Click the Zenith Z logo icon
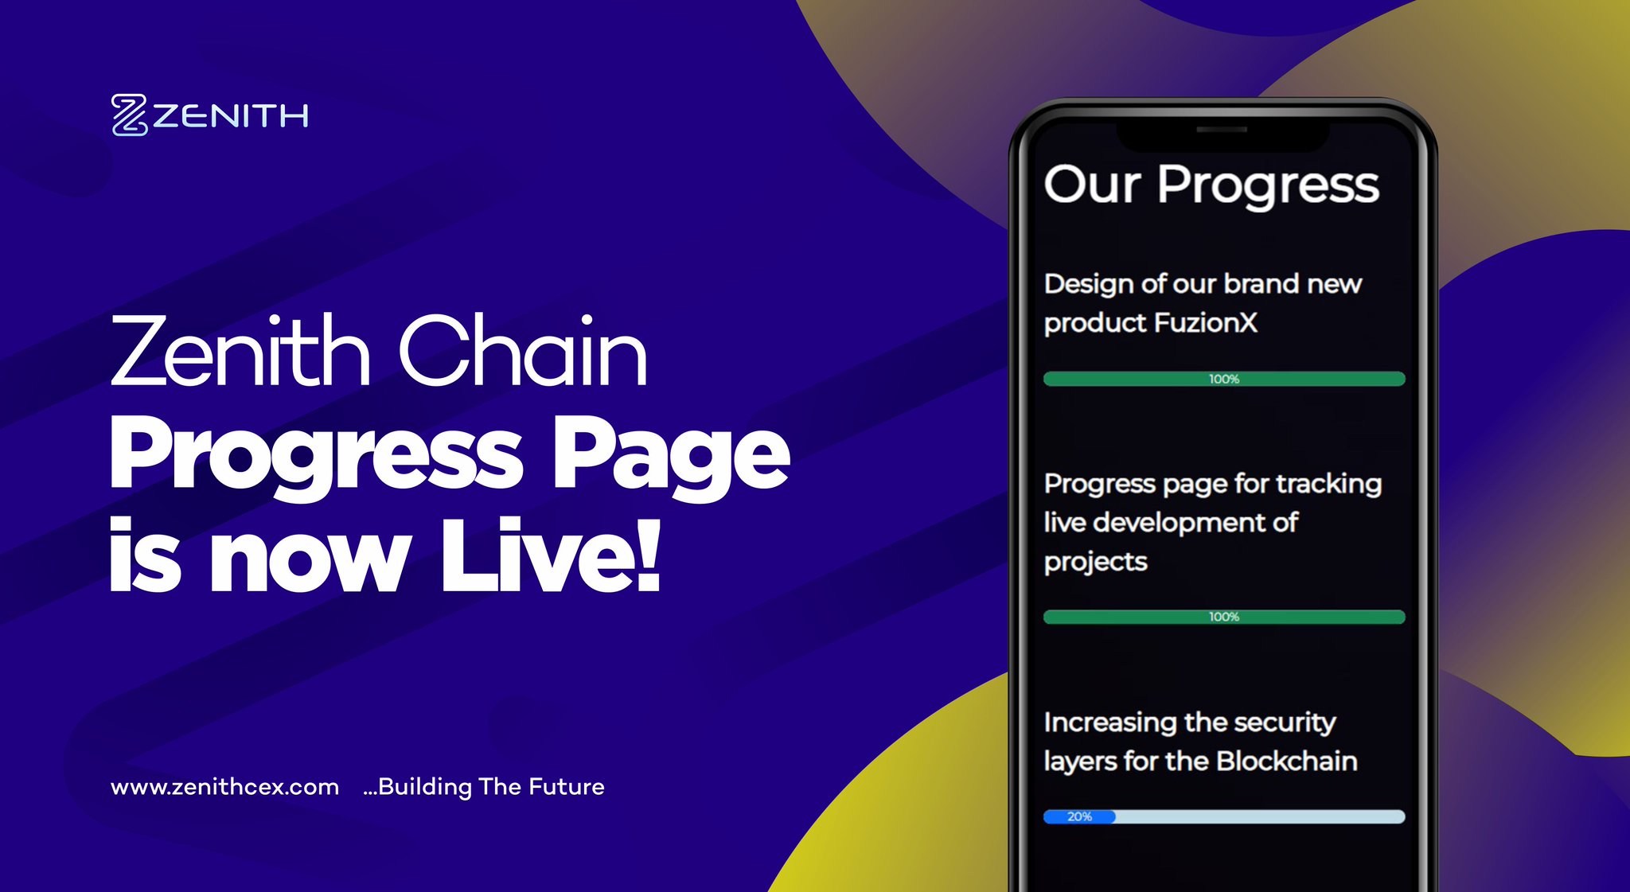(130, 115)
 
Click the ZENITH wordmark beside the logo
(231, 117)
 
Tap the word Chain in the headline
(522, 351)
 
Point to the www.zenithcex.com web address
(225, 787)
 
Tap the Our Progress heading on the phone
(1211, 185)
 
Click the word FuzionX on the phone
(1205, 323)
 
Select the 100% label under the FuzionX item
(1224, 379)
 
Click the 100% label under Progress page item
(1224, 617)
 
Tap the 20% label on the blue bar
(1079, 816)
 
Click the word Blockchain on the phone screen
(1286, 762)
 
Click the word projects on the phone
(1095, 563)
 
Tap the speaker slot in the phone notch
(1222, 129)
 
